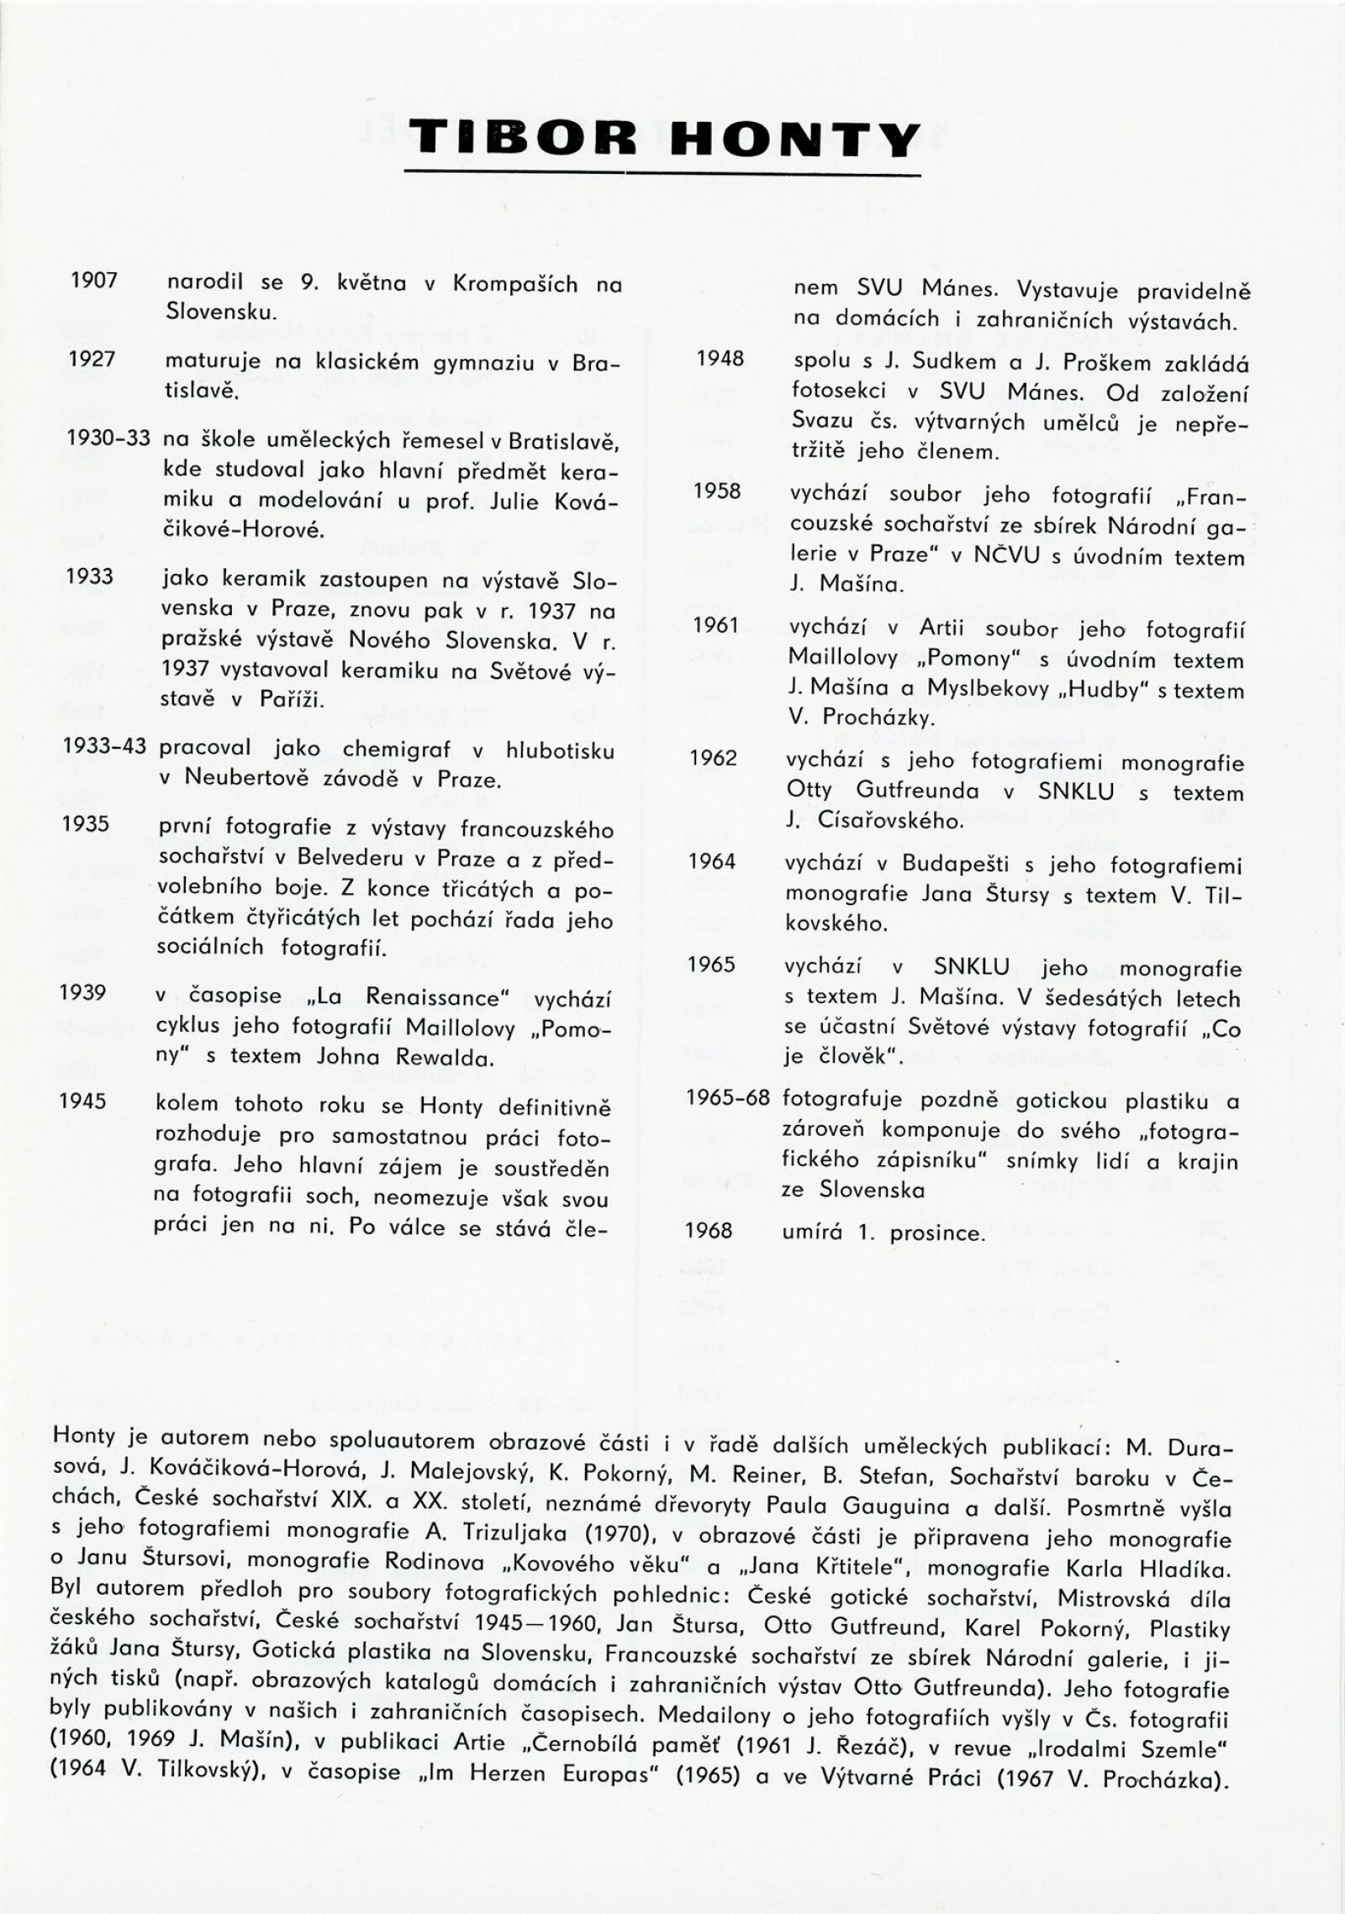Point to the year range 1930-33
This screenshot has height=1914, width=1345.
(x=108, y=438)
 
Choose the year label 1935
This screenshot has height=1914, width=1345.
(x=86, y=823)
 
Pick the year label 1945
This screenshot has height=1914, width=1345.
(x=83, y=1102)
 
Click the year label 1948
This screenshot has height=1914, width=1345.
(x=720, y=358)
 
